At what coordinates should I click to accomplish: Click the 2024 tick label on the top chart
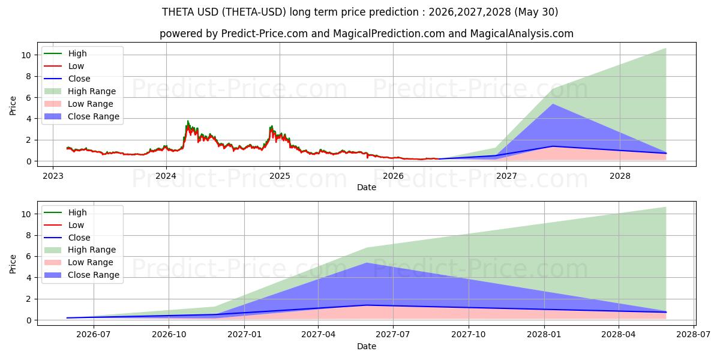click(166, 176)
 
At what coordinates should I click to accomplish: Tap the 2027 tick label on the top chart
click(506, 176)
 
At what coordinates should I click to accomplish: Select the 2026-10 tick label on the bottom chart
click(169, 335)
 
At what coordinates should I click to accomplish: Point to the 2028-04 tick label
click(619, 335)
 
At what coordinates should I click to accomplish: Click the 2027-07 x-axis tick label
click(393, 335)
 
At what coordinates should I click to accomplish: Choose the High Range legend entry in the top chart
click(80, 91)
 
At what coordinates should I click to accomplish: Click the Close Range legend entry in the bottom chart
click(82, 275)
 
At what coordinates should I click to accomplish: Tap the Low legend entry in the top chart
click(64, 66)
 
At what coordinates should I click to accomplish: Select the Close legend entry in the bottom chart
click(67, 238)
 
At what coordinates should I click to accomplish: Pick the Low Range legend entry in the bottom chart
click(79, 262)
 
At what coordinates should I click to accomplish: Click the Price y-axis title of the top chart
click(13, 106)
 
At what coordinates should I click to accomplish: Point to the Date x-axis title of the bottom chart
click(367, 346)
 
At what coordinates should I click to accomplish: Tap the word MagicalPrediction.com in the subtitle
click(389, 34)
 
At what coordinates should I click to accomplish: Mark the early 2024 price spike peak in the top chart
click(188, 121)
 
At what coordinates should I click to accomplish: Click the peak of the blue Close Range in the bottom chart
click(367, 263)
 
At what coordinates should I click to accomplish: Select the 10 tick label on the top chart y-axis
click(26, 55)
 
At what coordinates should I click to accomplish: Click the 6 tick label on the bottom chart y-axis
click(29, 257)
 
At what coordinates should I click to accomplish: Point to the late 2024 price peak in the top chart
click(272, 126)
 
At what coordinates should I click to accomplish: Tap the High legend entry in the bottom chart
click(65, 212)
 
